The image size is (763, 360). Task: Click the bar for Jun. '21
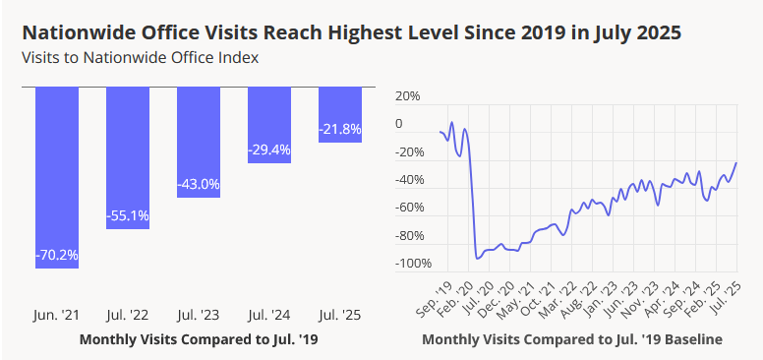pyautogui.click(x=57, y=177)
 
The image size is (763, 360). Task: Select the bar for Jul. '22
pyautogui.click(x=128, y=157)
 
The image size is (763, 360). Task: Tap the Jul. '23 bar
pyautogui.click(x=199, y=143)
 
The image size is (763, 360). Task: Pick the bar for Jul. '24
pyautogui.click(x=268, y=124)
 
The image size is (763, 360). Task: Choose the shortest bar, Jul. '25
pyautogui.click(x=339, y=114)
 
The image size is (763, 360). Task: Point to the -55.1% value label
pyautogui.click(x=128, y=214)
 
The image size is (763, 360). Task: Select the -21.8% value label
pyautogui.click(x=339, y=129)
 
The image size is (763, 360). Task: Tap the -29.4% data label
pyautogui.click(x=268, y=150)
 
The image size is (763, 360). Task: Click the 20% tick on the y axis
pyautogui.click(x=406, y=96)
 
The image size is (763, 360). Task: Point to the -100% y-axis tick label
pyautogui.click(x=411, y=264)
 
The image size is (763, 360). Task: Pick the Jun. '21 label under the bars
pyautogui.click(x=57, y=316)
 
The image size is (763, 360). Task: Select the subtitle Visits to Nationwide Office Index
pyautogui.click(x=140, y=57)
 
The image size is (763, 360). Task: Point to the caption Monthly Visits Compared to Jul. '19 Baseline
pyautogui.click(x=571, y=339)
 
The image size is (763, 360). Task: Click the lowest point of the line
pyautogui.click(x=477, y=259)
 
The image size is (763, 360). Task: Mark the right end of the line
pyautogui.click(x=736, y=162)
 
